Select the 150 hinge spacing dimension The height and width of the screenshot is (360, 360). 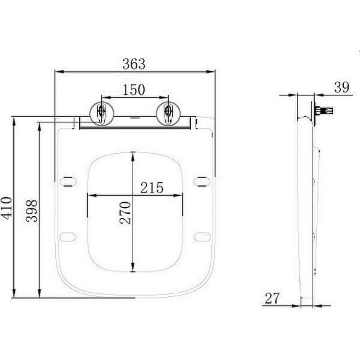(x=133, y=89)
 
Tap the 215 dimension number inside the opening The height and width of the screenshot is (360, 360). (x=152, y=187)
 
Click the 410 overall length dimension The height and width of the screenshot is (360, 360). (x=7, y=208)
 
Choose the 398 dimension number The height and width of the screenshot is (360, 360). (x=32, y=211)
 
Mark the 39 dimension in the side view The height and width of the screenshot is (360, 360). (x=341, y=87)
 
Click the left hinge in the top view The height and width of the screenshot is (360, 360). (x=100, y=112)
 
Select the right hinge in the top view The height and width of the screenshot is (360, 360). (x=168, y=112)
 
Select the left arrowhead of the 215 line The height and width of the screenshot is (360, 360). (x=91, y=195)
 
